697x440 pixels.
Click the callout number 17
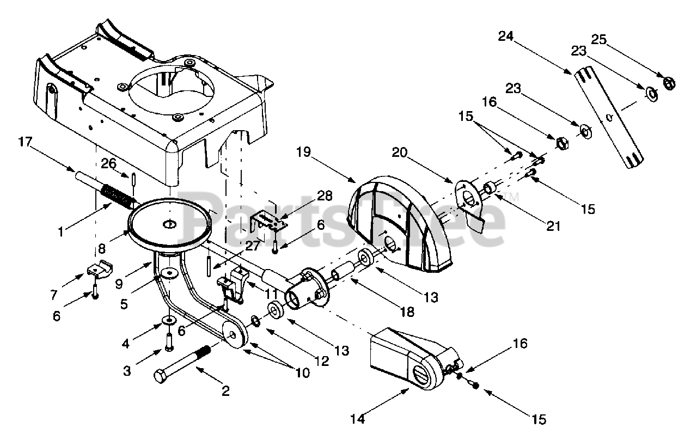pos(25,142)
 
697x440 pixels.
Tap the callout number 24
pos(506,36)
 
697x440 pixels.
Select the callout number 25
pos(599,40)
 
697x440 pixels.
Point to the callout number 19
pos(303,152)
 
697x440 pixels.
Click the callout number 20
pos(400,152)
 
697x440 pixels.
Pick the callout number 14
pos(358,419)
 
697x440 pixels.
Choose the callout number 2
pos(225,391)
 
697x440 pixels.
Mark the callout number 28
pos(325,196)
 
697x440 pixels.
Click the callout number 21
pos(553,226)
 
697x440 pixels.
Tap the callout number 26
pos(108,163)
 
